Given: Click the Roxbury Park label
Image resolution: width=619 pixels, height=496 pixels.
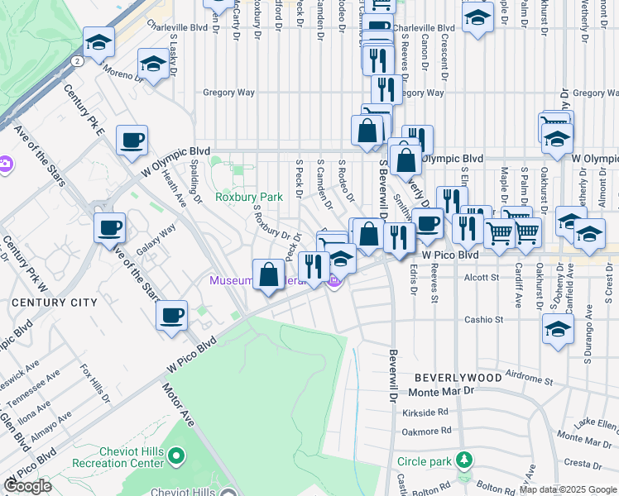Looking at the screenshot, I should tap(249, 197).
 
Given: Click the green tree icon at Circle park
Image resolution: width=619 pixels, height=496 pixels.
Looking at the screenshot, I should tap(465, 460).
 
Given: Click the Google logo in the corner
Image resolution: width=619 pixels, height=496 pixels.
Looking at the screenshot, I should tap(26, 486).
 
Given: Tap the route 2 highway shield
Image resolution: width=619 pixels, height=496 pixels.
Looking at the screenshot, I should tap(76, 60).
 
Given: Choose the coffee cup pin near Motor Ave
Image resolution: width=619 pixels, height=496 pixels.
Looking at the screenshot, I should tap(171, 315).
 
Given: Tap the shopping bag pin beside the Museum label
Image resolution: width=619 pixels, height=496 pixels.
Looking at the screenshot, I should tap(269, 274).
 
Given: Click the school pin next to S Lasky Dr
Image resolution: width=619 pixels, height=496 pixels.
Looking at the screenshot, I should tap(153, 64).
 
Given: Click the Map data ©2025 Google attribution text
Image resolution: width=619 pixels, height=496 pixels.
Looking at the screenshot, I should tap(567, 489).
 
